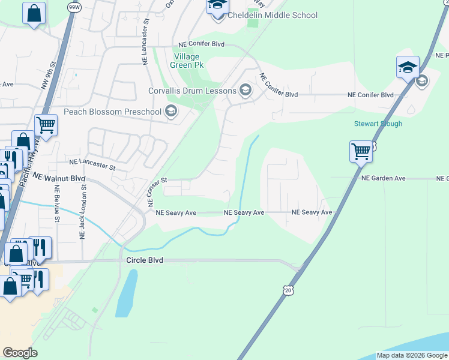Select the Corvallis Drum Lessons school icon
[245, 91]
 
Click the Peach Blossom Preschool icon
[171, 112]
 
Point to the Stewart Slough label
[378, 124]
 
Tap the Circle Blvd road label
[145, 260]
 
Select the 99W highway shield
[74, 7]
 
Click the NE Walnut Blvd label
[59, 178]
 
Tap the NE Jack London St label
[83, 213]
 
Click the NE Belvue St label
[58, 202]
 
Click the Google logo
[20, 353]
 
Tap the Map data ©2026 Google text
[412, 355]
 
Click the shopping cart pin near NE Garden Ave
[361, 151]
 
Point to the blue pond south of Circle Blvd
[124, 294]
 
